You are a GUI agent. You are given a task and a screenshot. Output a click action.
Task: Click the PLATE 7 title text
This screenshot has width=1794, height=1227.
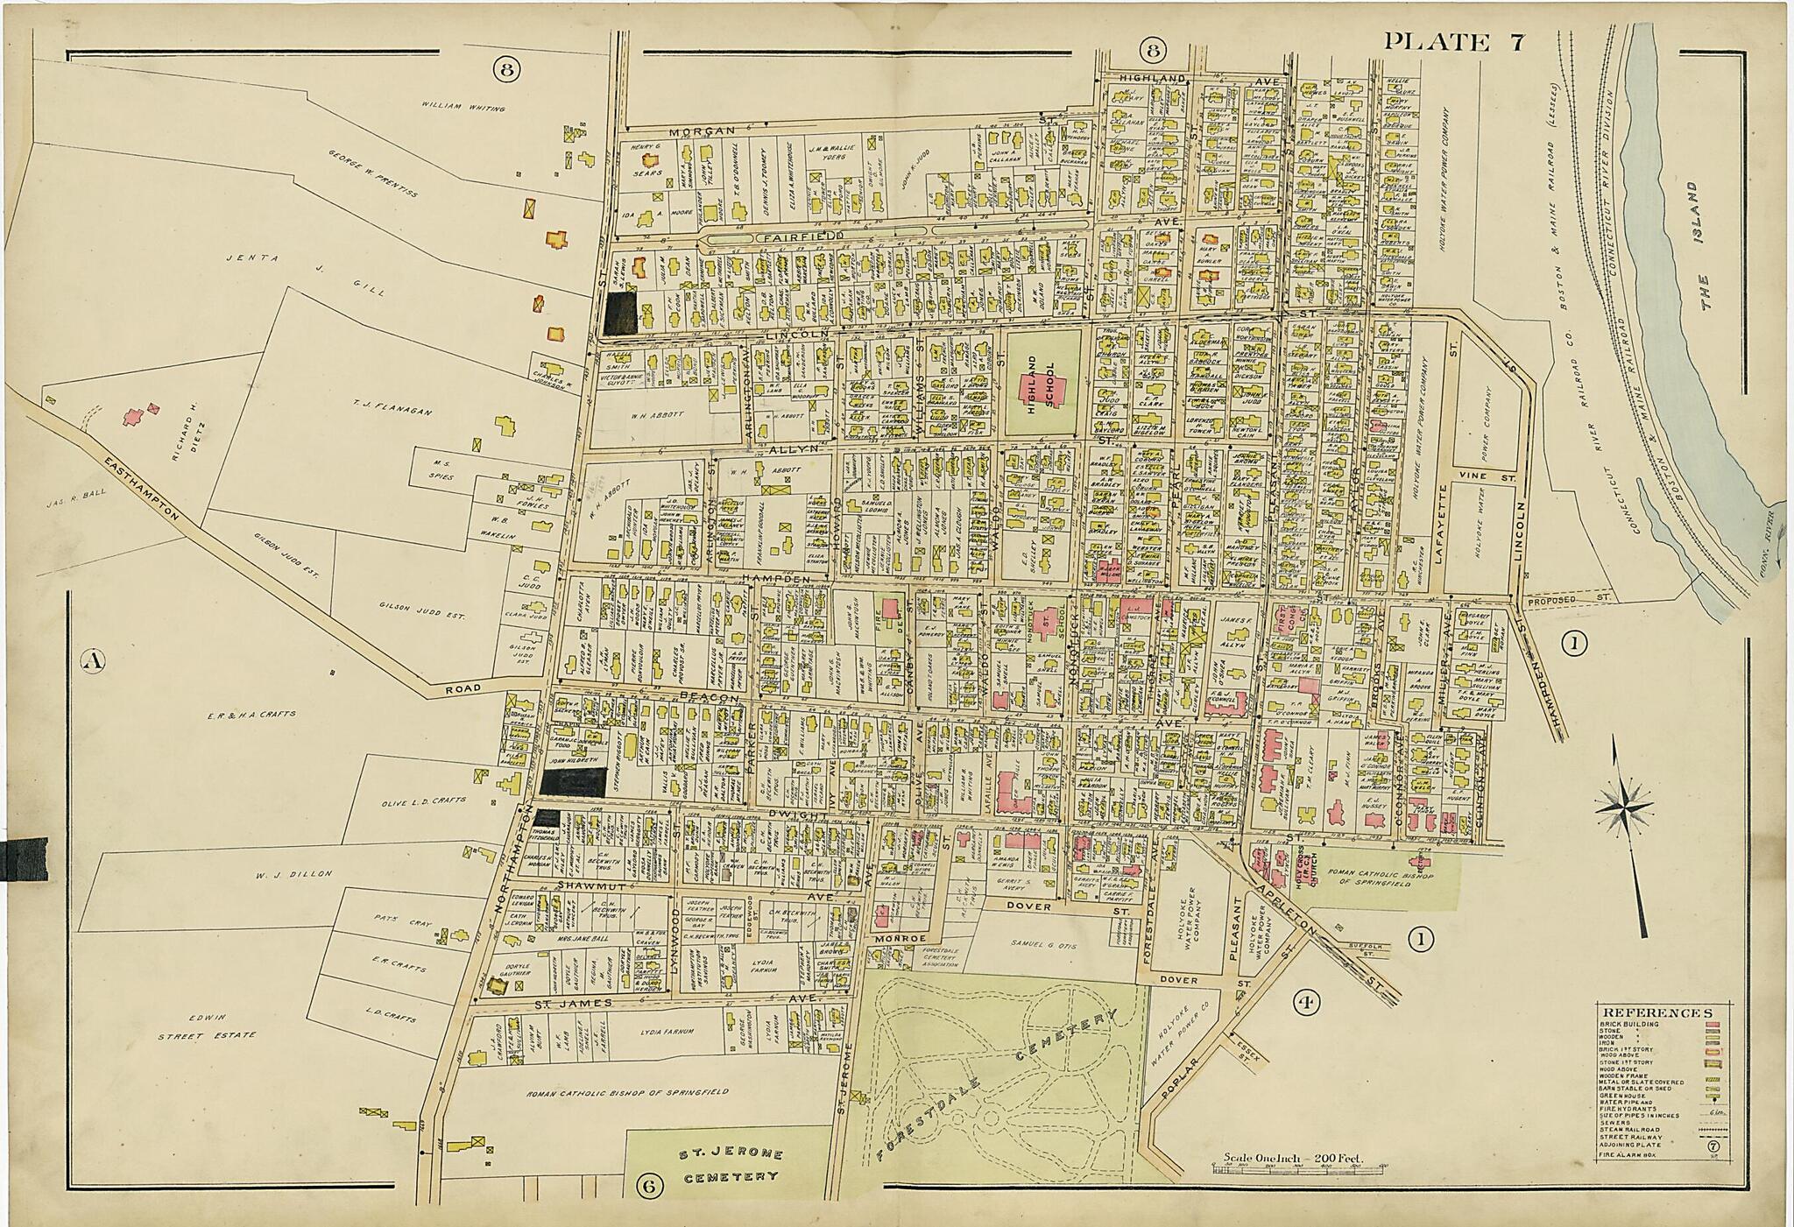tap(1455, 41)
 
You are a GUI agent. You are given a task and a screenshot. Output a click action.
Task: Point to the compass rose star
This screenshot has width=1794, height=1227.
tap(1627, 804)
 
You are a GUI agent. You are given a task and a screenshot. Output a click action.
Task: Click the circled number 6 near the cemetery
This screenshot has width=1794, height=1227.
tap(649, 1186)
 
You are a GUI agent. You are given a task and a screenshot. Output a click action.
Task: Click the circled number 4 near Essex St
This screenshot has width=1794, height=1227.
tap(1310, 1002)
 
